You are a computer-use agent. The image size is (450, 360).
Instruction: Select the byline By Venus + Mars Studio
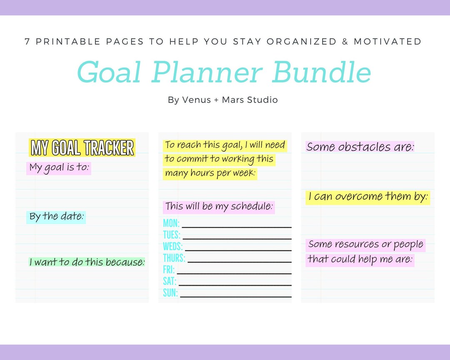tap(222, 100)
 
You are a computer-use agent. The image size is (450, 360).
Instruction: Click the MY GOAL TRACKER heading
tap(82, 148)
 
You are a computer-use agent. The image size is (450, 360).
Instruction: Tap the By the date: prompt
tap(56, 217)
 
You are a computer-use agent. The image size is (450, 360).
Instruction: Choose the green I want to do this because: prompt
tap(87, 262)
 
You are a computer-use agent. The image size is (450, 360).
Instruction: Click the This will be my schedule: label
tap(219, 207)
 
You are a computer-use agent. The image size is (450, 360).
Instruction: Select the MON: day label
tap(171, 223)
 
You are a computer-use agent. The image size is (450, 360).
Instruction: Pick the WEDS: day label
tap(172, 246)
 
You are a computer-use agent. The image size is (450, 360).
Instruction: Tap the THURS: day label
tap(174, 258)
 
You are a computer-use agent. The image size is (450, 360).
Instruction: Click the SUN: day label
tap(170, 293)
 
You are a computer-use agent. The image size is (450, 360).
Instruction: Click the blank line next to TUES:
tap(237, 239)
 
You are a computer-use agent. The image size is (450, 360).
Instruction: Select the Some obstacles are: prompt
tap(360, 147)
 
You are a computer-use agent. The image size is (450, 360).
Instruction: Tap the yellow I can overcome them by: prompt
tap(368, 197)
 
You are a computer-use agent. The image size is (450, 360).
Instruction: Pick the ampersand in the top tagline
tap(345, 42)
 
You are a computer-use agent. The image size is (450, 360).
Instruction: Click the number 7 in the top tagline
tap(27, 42)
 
